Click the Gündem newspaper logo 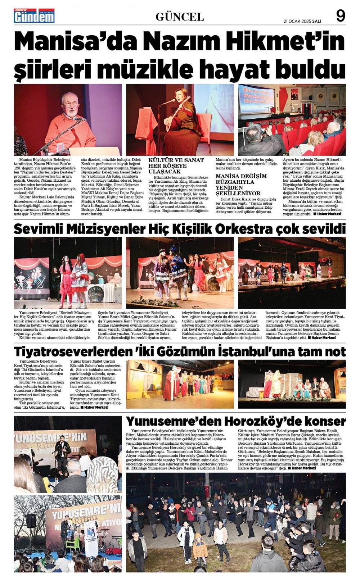(x=34, y=16)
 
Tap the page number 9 (x=340, y=15)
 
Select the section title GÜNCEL (x=180, y=17)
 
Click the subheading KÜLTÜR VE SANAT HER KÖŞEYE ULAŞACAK (x=176, y=166)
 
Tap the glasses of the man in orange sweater (x=70, y=105)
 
